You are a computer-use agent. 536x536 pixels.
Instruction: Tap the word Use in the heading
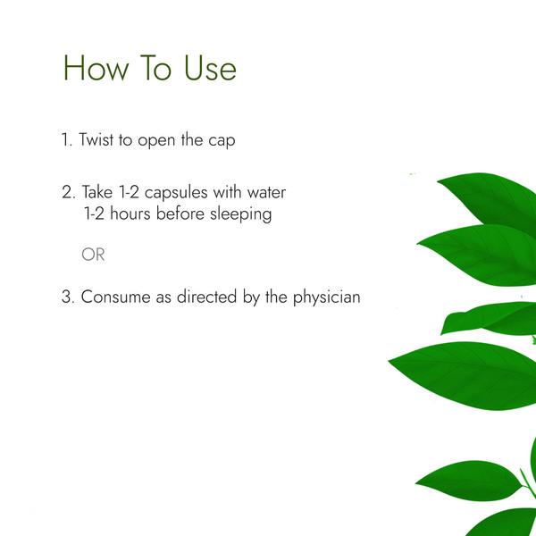[x=210, y=68]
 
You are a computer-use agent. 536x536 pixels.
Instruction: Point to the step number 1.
[x=67, y=140]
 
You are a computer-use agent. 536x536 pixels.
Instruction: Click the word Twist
[x=96, y=140]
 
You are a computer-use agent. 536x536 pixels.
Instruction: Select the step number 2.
[x=69, y=192]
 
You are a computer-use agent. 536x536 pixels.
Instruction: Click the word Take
[x=97, y=192]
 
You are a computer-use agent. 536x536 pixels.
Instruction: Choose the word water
[x=266, y=193]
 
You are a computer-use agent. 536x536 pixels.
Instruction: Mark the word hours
[x=130, y=214]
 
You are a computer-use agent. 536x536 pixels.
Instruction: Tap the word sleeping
[x=240, y=215]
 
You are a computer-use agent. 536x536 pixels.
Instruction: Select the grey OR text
[x=93, y=255]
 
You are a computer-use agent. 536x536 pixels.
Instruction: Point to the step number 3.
[x=68, y=297]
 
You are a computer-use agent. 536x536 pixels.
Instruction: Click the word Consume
[x=115, y=297]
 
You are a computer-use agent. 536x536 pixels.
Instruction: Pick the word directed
[x=206, y=297]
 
